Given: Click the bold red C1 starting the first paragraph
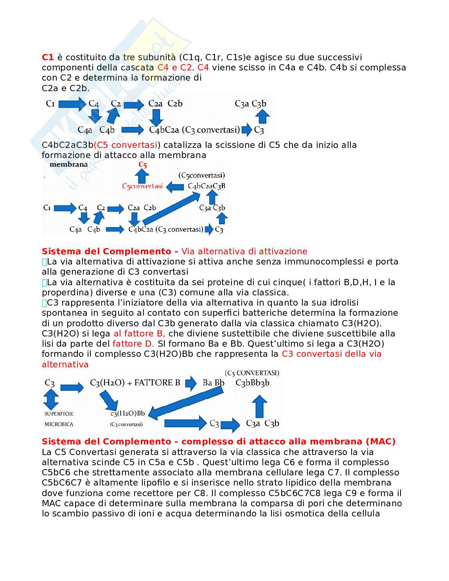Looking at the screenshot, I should click(x=48, y=57).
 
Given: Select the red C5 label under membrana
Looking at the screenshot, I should click(x=143, y=165).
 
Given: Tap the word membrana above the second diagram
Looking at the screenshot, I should click(x=68, y=164).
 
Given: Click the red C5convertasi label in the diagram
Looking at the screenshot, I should click(x=142, y=186).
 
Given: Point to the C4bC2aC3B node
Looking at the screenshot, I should click(x=207, y=186).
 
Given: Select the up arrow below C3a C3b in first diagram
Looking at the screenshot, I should click(x=262, y=117).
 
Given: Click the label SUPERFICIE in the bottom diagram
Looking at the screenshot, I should click(x=59, y=414).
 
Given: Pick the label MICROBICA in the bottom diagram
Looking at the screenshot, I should click(x=59, y=424).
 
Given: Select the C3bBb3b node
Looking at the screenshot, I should click(x=252, y=383).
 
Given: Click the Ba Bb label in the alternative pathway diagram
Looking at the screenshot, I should click(x=214, y=383).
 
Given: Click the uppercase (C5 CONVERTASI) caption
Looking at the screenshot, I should click(x=252, y=373).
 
